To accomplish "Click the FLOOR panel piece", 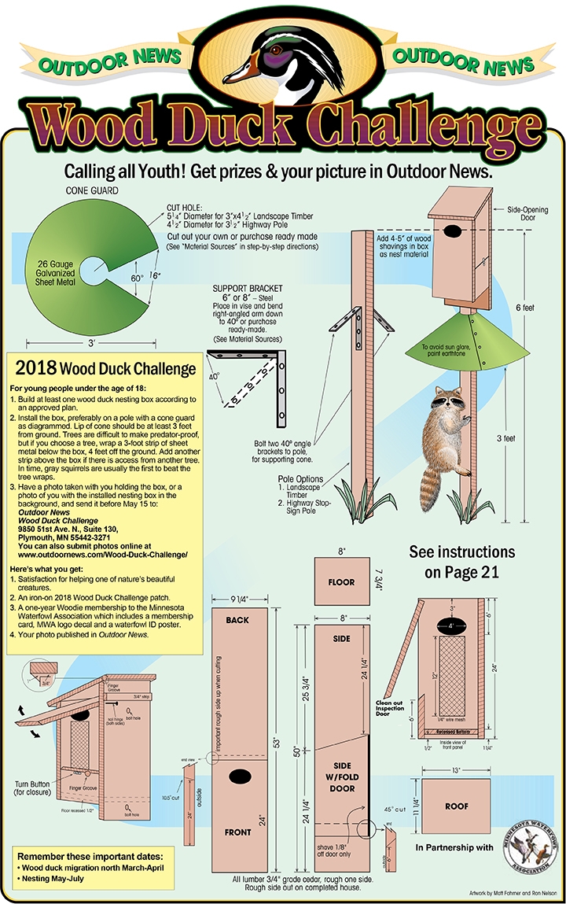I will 341,583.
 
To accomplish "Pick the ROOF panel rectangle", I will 456,806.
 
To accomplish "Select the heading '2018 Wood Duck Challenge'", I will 105,368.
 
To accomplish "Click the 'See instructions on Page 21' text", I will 461,562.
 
